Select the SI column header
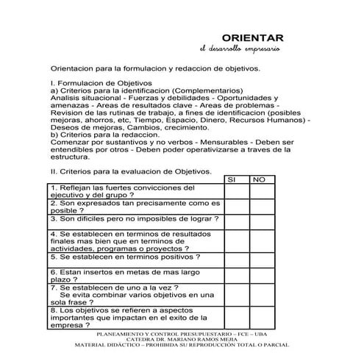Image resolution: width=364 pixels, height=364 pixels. click(x=233, y=179)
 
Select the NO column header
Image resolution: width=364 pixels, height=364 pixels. click(x=258, y=179)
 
